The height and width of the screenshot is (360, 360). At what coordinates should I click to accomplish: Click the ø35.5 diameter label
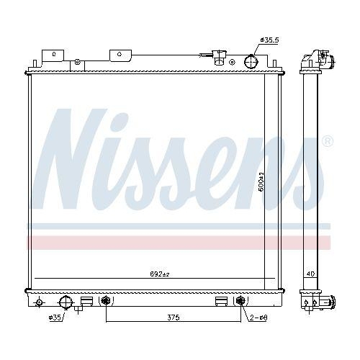(268, 40)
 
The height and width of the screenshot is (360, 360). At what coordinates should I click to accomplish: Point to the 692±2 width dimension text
(159, 274)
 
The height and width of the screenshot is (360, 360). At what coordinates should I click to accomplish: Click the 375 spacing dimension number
(173, 316)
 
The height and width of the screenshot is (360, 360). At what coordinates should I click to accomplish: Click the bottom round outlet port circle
(65, 302)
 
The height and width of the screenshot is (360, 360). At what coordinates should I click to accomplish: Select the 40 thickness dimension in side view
(311, 274)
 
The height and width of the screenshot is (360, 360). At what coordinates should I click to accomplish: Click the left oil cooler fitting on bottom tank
(107, 301)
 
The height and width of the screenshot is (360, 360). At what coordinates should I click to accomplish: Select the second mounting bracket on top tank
(119, 55)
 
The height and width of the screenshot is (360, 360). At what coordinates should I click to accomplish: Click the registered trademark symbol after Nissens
(327, 141)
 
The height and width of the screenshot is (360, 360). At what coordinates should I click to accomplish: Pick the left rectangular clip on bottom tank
(86, 302)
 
